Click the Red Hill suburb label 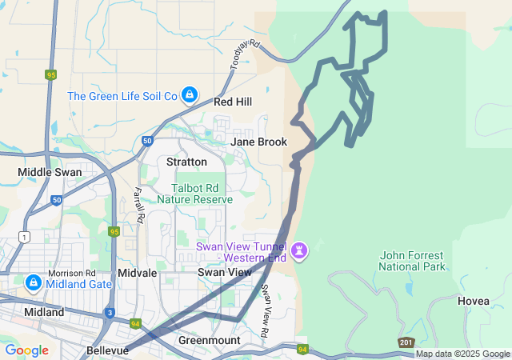(x=233, y=102)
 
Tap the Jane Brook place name (x=258, y=142)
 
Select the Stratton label (x=186, y=162)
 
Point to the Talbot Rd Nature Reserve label (x=194, y=193)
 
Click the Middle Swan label (x=45, y=172)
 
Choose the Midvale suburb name (x=137, y=273)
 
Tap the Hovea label (x=474, y=301)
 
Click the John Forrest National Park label (x=414, y=260)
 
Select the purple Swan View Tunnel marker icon (x=300, y=251)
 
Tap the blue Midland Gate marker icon (x=33, y=283)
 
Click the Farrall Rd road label (x=138, y=205)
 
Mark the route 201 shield (x=406, y=342)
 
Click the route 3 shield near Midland (x=109, y=313)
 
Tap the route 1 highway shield (x=26, y=237)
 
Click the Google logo (x=26, y=350)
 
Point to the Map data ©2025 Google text (x=462, y=354)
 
